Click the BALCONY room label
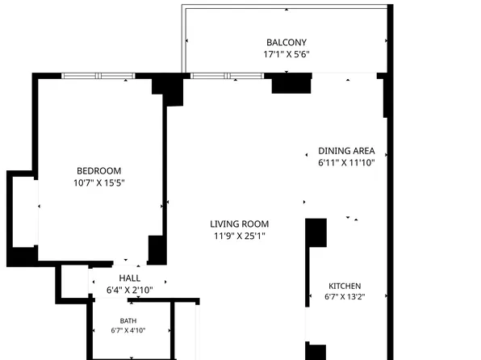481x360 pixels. click(287, 42)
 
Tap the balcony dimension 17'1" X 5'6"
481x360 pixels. click(287, 54)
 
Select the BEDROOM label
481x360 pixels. click(98, 171)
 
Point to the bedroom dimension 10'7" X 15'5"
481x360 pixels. click(98, 183)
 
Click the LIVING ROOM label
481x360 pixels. click(239, 224)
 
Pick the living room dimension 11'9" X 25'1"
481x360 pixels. click(239, 236)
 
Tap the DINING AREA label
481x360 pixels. click(346, 151)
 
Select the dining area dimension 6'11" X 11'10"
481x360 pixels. click(346, 163)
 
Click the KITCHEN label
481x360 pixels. click(345, 286)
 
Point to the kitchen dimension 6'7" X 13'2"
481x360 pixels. click(345, 297)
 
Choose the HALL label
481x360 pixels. click(129, 278)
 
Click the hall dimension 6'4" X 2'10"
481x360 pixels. click(129, 290)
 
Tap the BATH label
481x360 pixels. click(128, 321)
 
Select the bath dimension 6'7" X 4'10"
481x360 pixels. click(128, 330)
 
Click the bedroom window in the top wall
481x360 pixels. click(98, 76)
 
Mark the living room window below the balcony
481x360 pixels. click(227, 76)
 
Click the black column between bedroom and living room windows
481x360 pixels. click(168, 89)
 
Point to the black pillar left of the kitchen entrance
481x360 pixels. click(316, 232)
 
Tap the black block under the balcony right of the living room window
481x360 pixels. click(291, 83)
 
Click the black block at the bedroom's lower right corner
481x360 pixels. click(157, 250)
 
